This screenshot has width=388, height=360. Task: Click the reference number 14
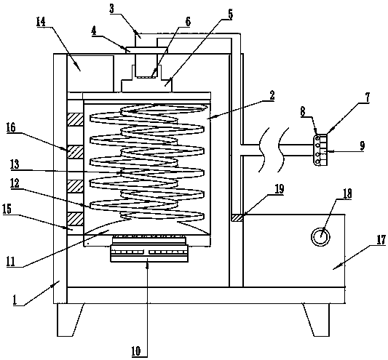(x=41, y=22)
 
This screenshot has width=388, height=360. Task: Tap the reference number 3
(x=112, y=9)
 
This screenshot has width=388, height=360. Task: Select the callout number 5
(x=230, y=15)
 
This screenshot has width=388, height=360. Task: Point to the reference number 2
(x=272, y=95)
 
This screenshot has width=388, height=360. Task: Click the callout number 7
(x=368, y=97)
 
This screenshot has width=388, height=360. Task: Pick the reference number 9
(x=363, y=145)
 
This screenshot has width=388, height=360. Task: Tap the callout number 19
(x=279, y=189)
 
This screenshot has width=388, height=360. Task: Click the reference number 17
(x=381, y=239)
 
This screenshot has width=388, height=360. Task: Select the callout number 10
(x=136, y=351)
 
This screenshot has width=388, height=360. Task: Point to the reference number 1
(x=15, y=300)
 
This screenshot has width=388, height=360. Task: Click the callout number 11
(x=11, y=262)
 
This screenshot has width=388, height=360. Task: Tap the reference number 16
(x=11, y=128)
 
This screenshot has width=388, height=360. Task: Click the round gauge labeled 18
(x=320, y=236)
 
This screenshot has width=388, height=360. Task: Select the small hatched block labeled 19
(x=237, y=218)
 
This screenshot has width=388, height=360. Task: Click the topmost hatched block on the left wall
(x=75, y=120)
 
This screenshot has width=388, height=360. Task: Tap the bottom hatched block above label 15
(x=75, y=219)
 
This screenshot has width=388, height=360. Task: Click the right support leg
(x=317, y=320)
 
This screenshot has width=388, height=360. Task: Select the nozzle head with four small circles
(x=321, y=150)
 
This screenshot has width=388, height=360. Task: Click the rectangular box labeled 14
(x=90, y=73)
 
